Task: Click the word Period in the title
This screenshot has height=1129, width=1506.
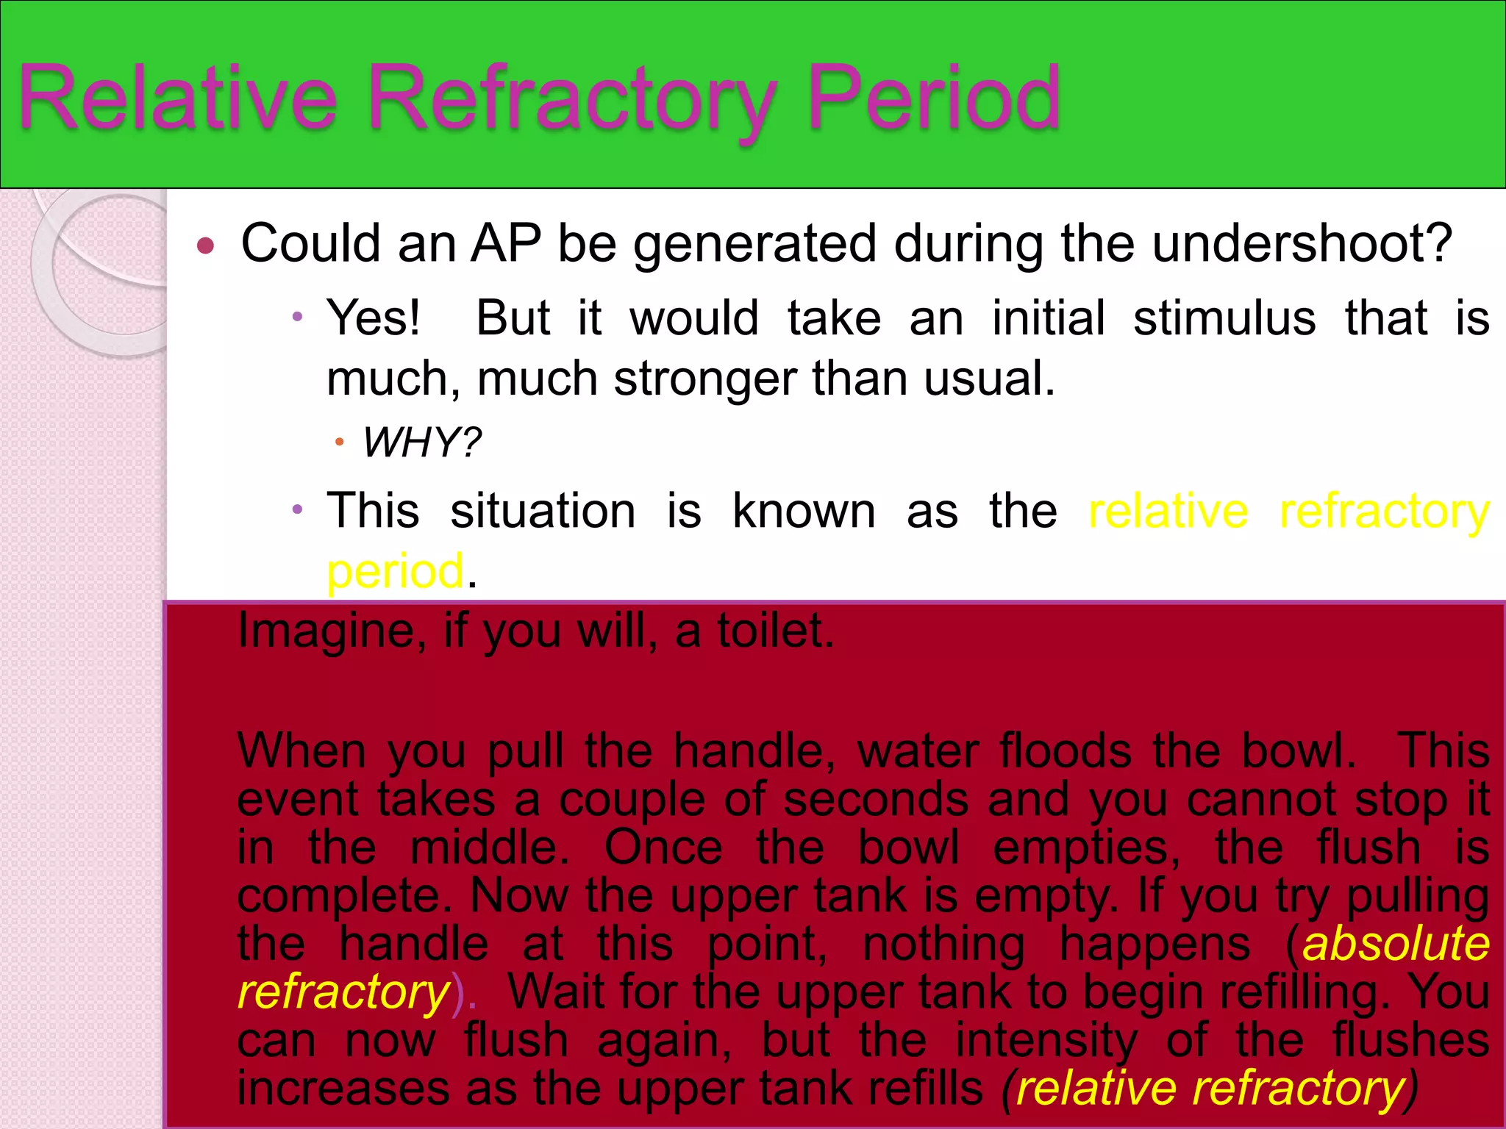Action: (932, 99)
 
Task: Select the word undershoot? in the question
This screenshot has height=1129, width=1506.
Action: (1302, 243)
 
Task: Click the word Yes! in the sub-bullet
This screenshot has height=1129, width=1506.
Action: (374, 318)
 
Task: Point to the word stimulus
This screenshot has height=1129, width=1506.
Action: (1224, 318)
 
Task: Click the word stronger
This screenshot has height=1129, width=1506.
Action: (705, 379)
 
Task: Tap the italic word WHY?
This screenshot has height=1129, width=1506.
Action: (421, 442)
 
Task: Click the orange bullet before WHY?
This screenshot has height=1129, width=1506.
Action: (339, 442)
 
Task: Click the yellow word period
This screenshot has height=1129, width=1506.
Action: (395, 572)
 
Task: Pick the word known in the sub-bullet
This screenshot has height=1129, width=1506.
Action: (804, 511)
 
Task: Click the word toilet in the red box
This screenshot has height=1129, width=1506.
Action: (774, 631)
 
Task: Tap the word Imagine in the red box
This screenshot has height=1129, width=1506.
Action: (330, 631)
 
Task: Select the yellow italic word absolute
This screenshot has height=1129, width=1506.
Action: (1395, 944)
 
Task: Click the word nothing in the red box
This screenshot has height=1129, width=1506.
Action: (943, 944)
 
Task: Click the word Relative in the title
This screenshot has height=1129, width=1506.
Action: (177, 99)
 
